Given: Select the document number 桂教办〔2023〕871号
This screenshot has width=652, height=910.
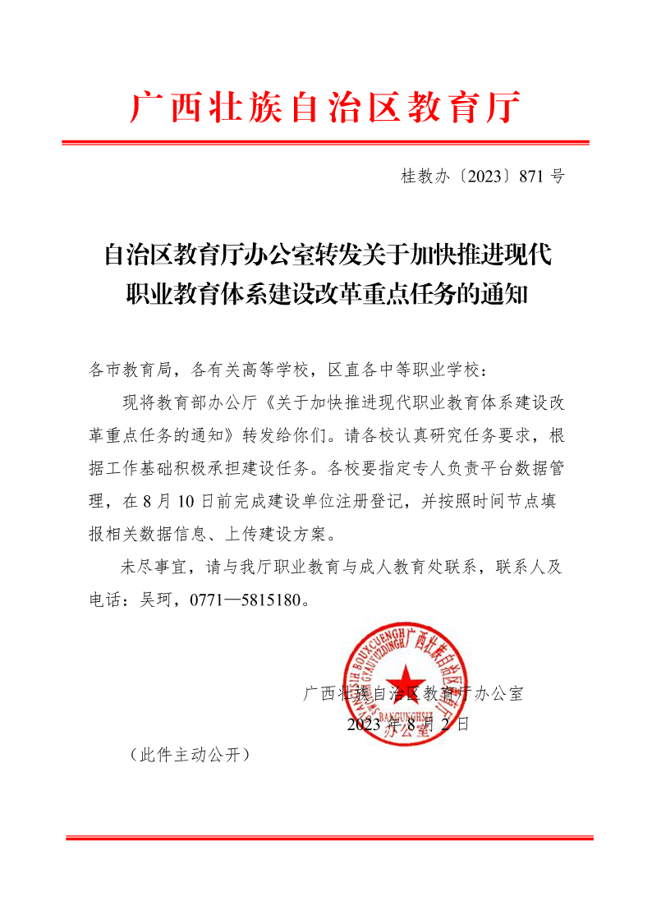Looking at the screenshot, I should [482, 176].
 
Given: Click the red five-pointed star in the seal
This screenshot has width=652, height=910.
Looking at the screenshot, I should [408, 687].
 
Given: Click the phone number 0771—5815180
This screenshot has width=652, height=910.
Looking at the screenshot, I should [246, 600].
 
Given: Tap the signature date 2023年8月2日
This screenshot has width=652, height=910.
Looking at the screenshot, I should [407, 724].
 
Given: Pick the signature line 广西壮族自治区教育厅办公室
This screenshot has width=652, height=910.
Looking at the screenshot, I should [413, 694].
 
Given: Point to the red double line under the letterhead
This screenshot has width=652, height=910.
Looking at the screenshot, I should [325, 144].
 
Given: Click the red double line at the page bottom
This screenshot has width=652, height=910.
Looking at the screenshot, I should [328, 838].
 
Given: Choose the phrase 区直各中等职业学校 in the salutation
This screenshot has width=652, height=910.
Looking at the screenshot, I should [409, 370].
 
